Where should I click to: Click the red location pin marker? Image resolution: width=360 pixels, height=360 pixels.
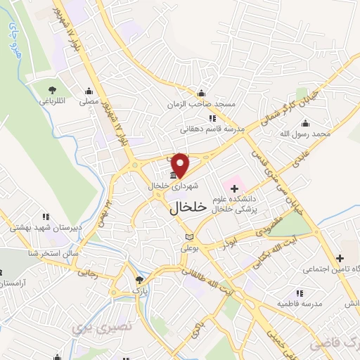tap(181, 164)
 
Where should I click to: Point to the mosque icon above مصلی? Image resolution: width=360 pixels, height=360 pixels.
tap(89, 91)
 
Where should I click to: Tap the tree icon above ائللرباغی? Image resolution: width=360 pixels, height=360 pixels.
tap(53, 89)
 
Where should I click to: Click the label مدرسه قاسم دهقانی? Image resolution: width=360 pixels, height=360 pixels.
tap(212, 129)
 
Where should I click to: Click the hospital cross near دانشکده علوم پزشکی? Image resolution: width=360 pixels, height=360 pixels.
tap(234, 188)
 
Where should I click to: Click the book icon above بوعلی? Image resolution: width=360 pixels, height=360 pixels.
tap(188, 237)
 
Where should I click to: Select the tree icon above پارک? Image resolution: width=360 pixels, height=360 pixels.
tap(138, 279)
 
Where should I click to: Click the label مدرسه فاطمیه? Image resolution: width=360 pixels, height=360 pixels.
tap(302, 303)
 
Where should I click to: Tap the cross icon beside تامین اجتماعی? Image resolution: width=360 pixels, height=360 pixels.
tap(340, 258)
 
